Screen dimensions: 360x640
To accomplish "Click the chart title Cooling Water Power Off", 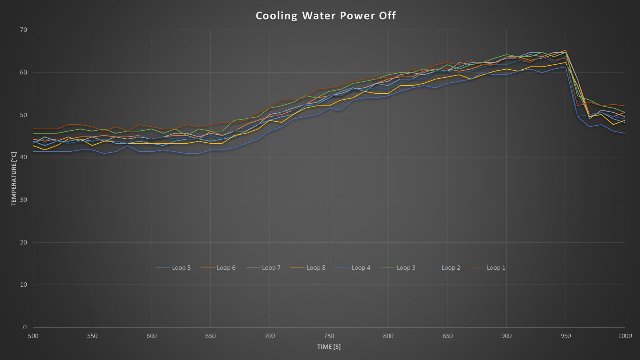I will coord(326,16).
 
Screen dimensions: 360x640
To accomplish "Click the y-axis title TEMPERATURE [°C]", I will coord(14,179).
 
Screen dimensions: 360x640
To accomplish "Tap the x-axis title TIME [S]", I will coord(329,347).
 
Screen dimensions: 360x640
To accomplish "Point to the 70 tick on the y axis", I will coord(23,30).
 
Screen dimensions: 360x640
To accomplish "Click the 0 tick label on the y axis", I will coord(25,327).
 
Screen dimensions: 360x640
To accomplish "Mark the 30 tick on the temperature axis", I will coord(23,200).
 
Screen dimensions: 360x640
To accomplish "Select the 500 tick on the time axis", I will coord(33,336).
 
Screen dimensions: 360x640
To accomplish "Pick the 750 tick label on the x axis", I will coord(329,336).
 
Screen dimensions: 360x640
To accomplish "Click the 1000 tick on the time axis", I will coord(625,336).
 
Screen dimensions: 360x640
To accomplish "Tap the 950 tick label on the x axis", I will coord(566,336).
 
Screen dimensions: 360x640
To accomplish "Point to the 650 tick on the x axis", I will coord(211,336).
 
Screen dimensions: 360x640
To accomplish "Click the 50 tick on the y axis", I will coord(23,115).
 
